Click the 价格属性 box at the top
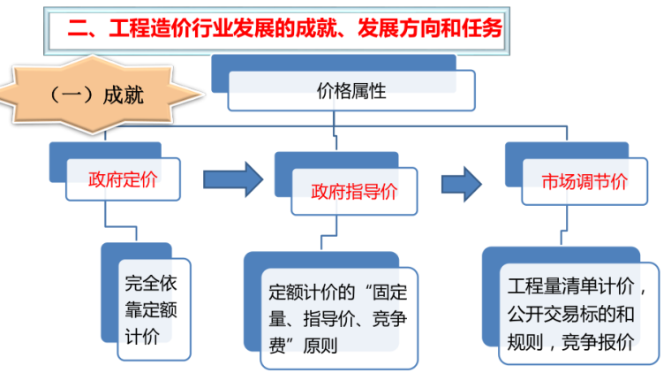point(351,90)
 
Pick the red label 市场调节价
point(584,182)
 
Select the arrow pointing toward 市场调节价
point(462,184)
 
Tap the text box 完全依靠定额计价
point(154,310)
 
